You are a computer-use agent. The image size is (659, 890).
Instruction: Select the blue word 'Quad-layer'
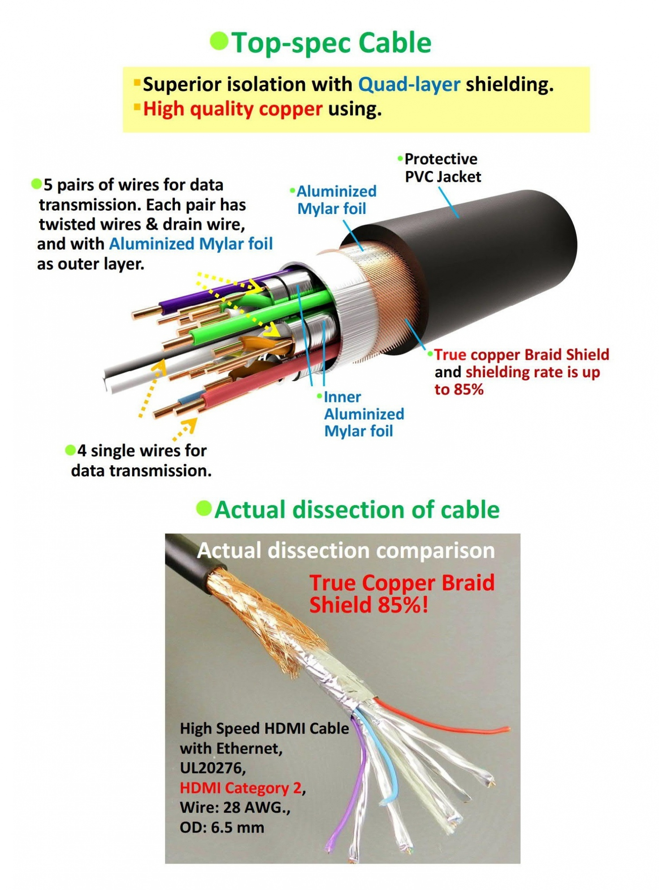[x=409, y=84]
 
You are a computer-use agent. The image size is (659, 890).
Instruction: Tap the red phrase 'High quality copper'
[x=232, y=109]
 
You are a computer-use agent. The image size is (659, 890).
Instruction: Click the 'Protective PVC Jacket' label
[x=442, y=168]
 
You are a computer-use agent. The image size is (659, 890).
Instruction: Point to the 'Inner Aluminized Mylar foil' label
[x=363, y=414]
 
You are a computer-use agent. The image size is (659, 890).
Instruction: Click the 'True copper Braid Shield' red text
[x=521, y=355]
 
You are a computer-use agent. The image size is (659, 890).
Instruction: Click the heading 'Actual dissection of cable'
[x=357, y=510]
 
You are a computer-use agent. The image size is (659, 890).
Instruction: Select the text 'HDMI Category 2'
[x=240, y=788]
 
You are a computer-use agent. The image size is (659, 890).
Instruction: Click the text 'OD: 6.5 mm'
[x=222, y=827]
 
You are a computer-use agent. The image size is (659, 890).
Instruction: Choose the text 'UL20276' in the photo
[x=212, y=768]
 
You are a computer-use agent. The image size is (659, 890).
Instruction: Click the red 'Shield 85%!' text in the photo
[x=369, y=605]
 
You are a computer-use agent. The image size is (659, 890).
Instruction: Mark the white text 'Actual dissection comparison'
[x=346, y=551]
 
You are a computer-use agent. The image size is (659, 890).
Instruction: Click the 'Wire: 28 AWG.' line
[x=234, y=807]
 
